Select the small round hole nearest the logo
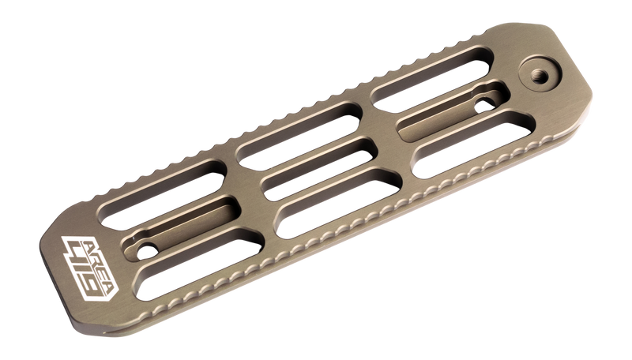coord(145,249)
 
